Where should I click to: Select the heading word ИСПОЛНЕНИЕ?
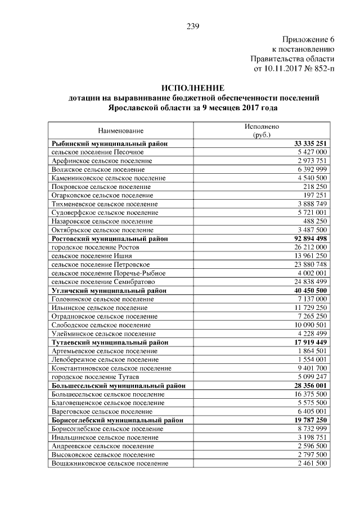click(193, 88)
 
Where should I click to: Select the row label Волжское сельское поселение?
click(97, 169)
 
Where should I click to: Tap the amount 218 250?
click(315, 186)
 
